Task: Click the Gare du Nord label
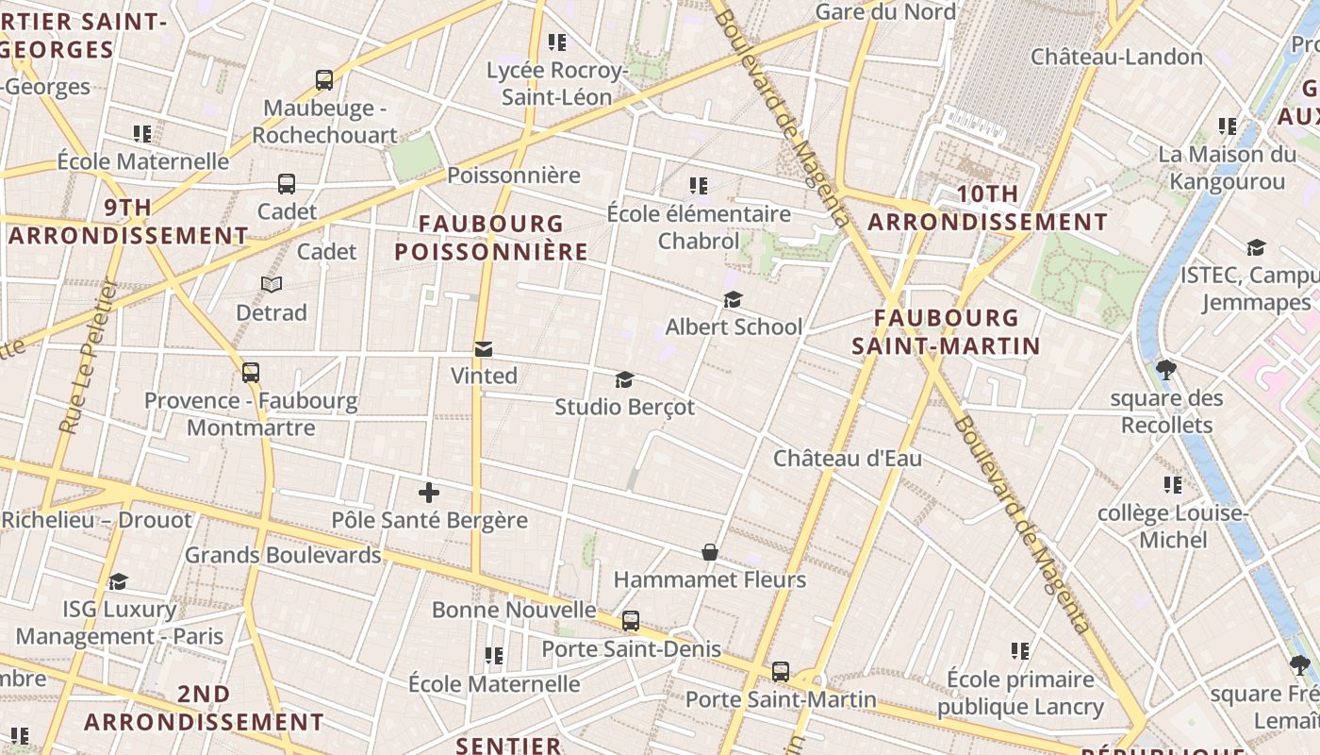point(884,12)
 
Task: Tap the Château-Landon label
point(1116,57)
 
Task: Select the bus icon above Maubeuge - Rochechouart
point(324,80)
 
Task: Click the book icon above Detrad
point(272,284)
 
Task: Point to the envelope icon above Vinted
point(484,349)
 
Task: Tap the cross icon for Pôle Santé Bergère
point(429,492)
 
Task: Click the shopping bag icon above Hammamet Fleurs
point(710,552)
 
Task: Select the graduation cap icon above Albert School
point(733,300)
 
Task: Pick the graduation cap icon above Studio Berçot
point(624,380)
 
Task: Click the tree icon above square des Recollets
point(1166,369)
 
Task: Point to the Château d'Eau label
point(847,459)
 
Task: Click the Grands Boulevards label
point(283,555)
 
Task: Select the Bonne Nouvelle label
point(514,610)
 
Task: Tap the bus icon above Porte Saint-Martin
point(781,672)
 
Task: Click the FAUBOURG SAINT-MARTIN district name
point(946,331)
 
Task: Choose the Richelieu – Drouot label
point(96,520)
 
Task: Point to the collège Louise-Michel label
point(1173,527)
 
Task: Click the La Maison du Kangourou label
point(1227,167)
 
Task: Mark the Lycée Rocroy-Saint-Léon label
point(556,83)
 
